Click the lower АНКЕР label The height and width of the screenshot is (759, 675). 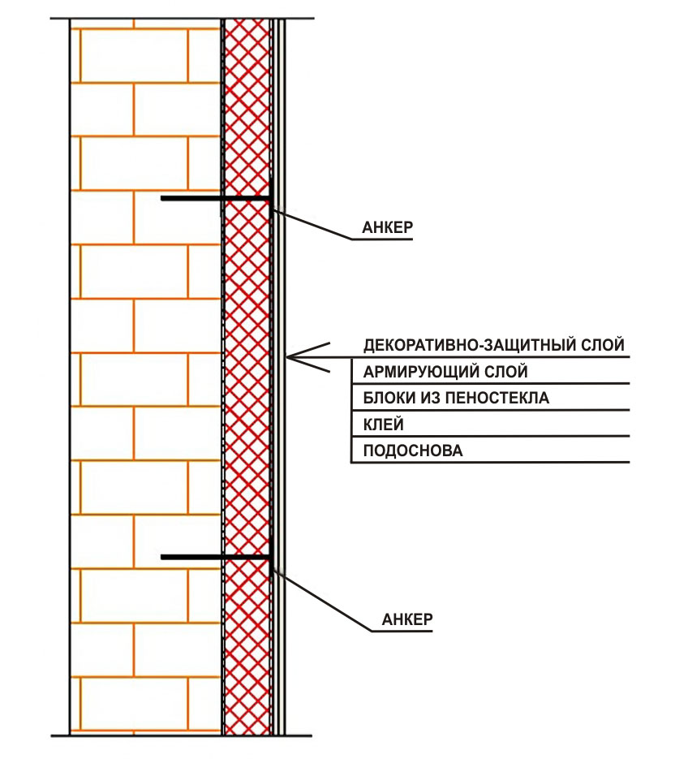[x=406, y=619]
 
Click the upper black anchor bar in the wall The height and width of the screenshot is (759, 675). [x=215, y=198]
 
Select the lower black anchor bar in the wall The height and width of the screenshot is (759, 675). [x=215, y=557]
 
